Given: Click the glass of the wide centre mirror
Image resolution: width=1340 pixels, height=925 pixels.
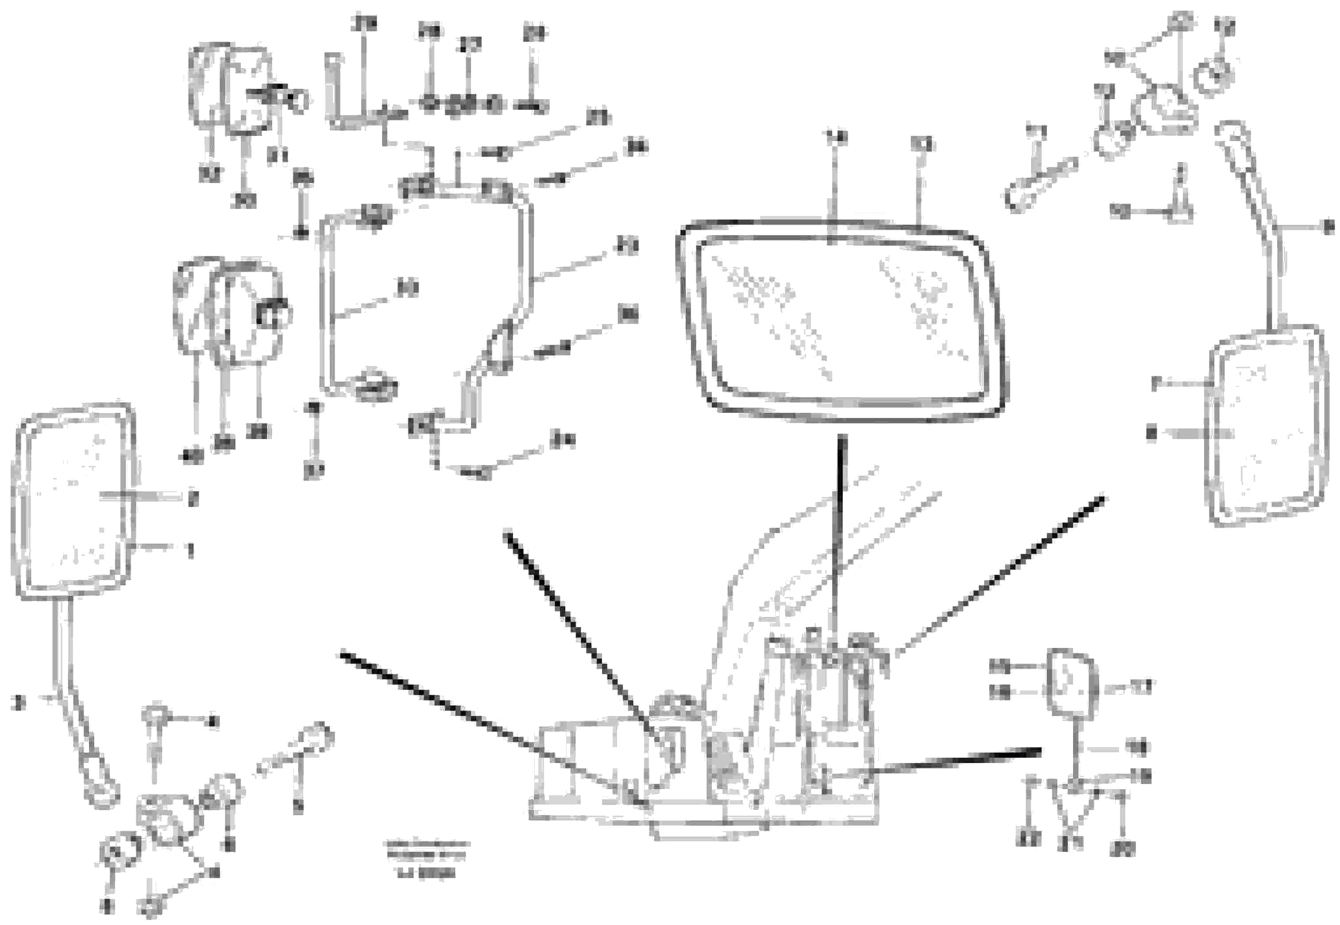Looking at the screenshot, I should tap(840, 322).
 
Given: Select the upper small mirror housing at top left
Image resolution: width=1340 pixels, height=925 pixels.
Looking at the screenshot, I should tap(232, 90).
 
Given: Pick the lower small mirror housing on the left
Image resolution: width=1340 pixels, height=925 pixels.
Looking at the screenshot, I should tap(229, 313).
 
